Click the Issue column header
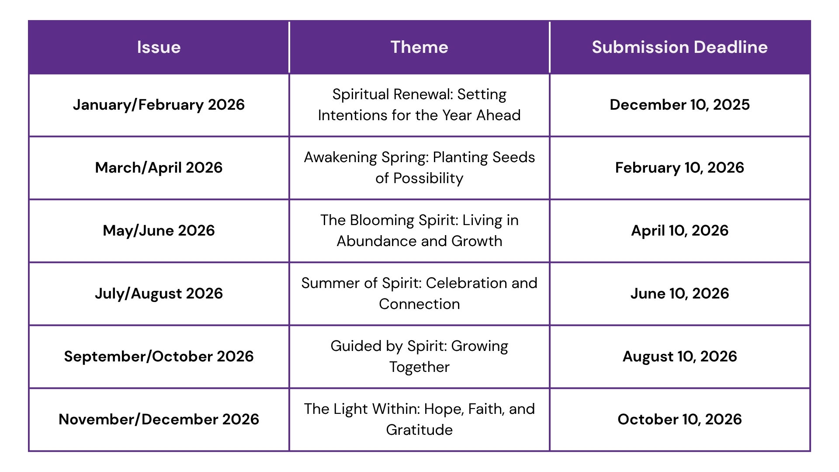[x=159, y=47]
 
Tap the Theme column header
[x=419, y=47]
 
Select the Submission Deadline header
[x=680, y=47]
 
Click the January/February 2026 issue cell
[x=159, y=105]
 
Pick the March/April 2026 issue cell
[x=159, y=168]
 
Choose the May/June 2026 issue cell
[x=159, y=231]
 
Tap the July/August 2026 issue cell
[x=159, y=294]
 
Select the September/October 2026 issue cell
[x=159, y=357]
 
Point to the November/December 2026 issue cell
[x=159, y=420]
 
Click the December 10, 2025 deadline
[x=680, y=105]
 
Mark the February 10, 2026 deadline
[x=680, y=168]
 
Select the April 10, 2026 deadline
[x=680, y=231]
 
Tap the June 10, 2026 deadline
[x=680, y=294]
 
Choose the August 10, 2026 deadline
[x=680, y=357]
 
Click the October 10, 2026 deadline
[x=680, y=420]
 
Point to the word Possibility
[x=428, y=179]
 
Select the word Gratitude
[x=419, y=430]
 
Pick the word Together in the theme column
[x=419, y=368]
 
